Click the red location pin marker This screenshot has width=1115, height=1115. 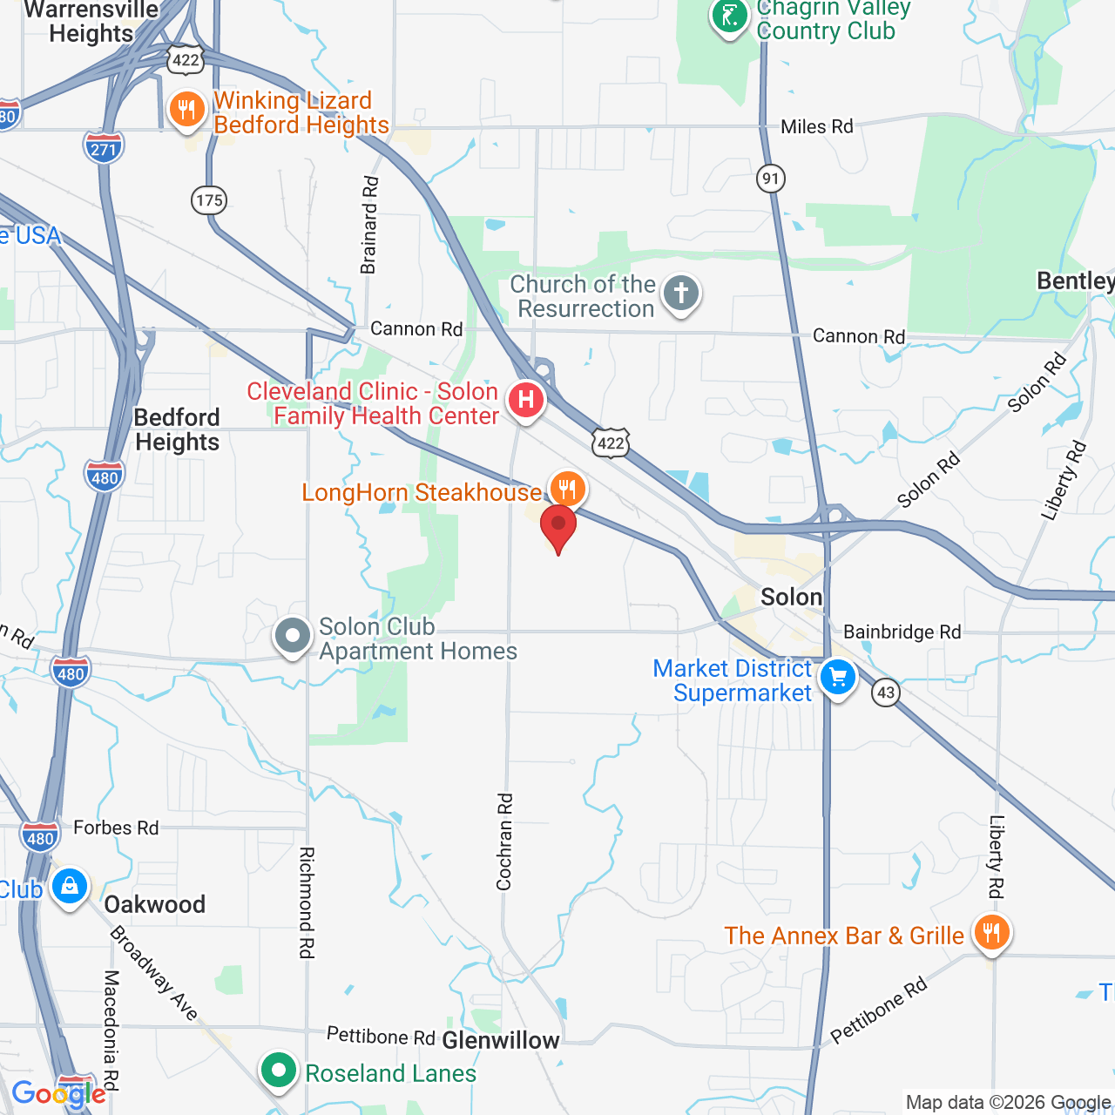(558, 526)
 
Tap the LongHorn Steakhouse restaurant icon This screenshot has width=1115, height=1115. (567, 488)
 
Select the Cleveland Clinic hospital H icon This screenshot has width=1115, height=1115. (526, 400)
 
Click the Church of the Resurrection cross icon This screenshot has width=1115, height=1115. (680, 294)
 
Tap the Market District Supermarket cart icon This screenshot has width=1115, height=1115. (838, 677)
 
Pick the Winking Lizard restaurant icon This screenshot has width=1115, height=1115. (186, 110)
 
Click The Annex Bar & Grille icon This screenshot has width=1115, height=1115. (991, 933)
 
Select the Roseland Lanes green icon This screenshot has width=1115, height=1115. (279, 1069)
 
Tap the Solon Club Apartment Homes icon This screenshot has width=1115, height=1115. (293, 636)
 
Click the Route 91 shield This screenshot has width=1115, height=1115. (770, 179)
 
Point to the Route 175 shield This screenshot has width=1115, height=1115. (209, 200)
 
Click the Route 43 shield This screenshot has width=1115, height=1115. (886, 693)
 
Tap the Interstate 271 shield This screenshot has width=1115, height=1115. (104, 148)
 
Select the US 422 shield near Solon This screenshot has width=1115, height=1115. (611, 443)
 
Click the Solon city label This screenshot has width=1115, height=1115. (791, 597)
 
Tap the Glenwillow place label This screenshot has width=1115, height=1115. (501, 1040)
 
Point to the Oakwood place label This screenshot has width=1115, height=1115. (155, 904)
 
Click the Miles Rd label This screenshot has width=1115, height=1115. (816, 127)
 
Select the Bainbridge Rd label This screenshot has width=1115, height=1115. (902, 632)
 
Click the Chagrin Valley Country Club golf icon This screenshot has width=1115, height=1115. (730, 16)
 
